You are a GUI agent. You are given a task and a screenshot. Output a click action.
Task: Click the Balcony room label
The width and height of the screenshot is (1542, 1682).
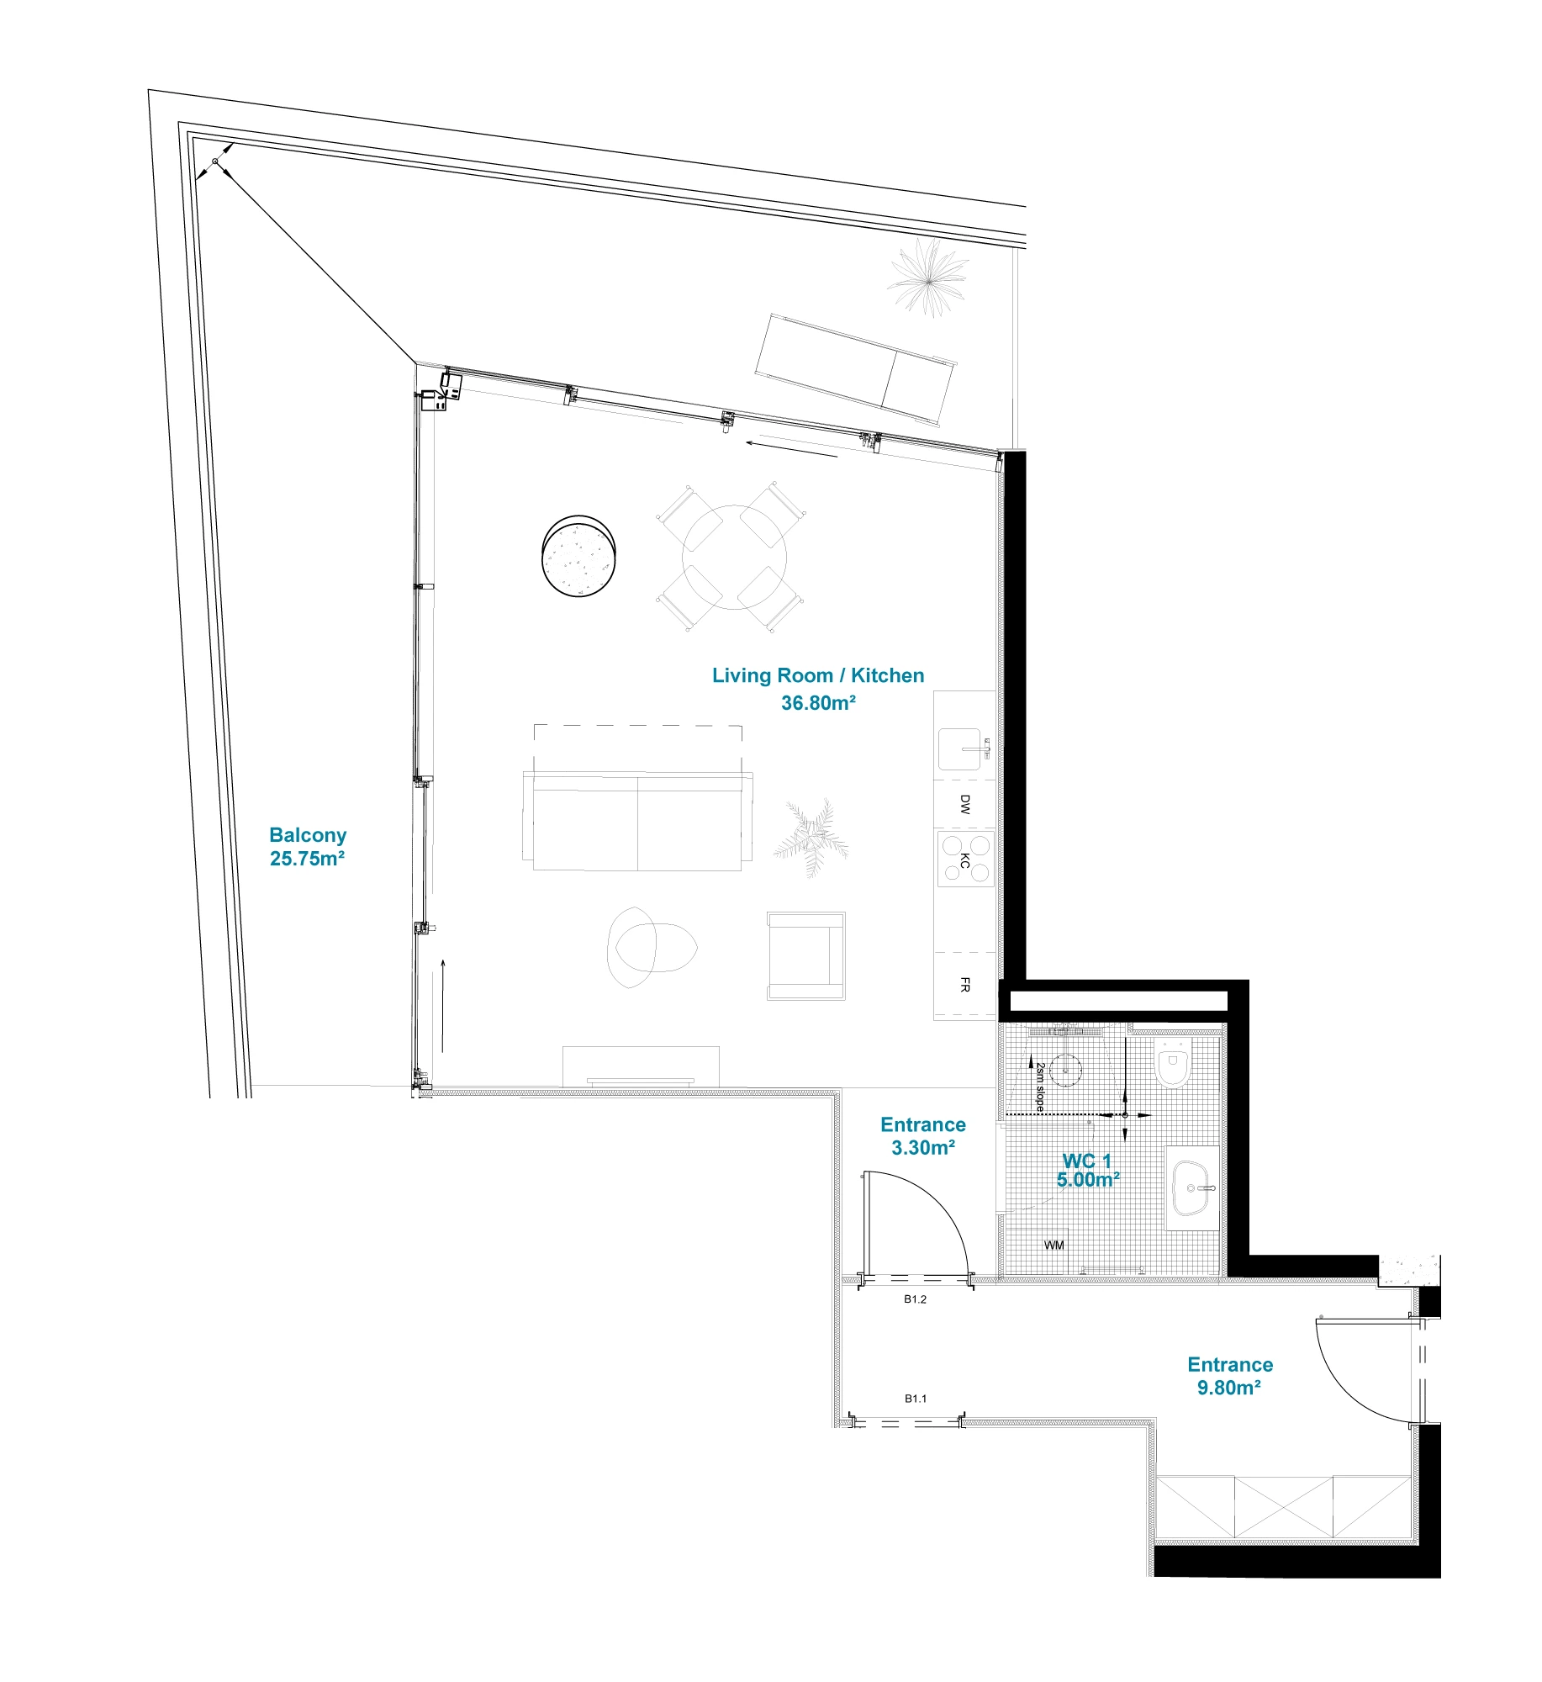tap(307, 834)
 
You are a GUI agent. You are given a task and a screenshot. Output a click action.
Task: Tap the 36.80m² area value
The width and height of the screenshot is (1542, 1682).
tap(817, 702)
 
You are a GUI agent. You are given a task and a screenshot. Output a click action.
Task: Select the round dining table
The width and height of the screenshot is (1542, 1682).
tap(733, 556)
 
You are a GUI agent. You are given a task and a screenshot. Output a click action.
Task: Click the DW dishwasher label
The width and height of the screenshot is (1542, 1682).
tap(964, 804)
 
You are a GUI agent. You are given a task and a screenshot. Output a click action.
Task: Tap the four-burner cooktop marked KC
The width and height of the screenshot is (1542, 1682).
tap(965, 858)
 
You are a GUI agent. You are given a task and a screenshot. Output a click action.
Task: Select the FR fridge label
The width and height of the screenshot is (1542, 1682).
tap(964, 984)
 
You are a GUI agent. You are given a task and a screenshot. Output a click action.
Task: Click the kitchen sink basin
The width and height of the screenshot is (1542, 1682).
tap(959, 748)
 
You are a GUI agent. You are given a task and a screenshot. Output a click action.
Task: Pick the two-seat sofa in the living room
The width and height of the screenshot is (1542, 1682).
tap(636, 821)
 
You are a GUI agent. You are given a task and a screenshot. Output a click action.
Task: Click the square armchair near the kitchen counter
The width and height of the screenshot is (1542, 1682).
tap(805, 955)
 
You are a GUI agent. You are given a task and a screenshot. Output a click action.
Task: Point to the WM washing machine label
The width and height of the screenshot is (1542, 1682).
tap(1054, 1245)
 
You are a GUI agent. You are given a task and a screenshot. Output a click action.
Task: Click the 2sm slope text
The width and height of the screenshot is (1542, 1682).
tap(1040, 1087)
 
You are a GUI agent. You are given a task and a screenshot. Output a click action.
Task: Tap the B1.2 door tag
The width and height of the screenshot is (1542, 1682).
tap(915, 1299)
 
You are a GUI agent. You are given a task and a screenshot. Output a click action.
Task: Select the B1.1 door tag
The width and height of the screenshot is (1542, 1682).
tap(915, 1399)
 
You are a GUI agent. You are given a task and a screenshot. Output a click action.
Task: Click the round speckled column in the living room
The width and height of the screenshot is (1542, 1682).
tap(578, 557)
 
